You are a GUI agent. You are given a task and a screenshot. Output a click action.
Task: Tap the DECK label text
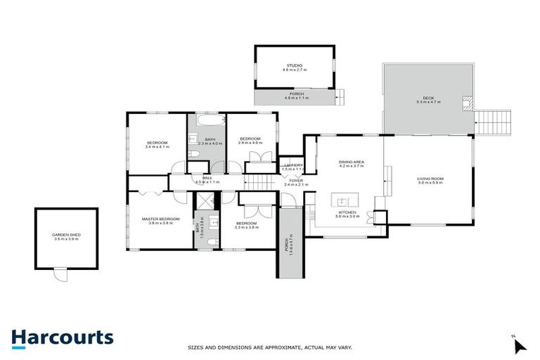(428, 98)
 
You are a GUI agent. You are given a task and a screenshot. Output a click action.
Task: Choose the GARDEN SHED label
(65, 235)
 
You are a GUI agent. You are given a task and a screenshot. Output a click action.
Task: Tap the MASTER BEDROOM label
(160, 219)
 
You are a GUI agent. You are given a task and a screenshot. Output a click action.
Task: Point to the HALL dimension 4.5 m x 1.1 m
(207, 183)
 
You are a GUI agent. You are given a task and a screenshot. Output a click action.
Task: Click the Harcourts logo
(62, 337)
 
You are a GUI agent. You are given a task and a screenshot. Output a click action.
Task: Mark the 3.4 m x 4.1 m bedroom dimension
(157, 147)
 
